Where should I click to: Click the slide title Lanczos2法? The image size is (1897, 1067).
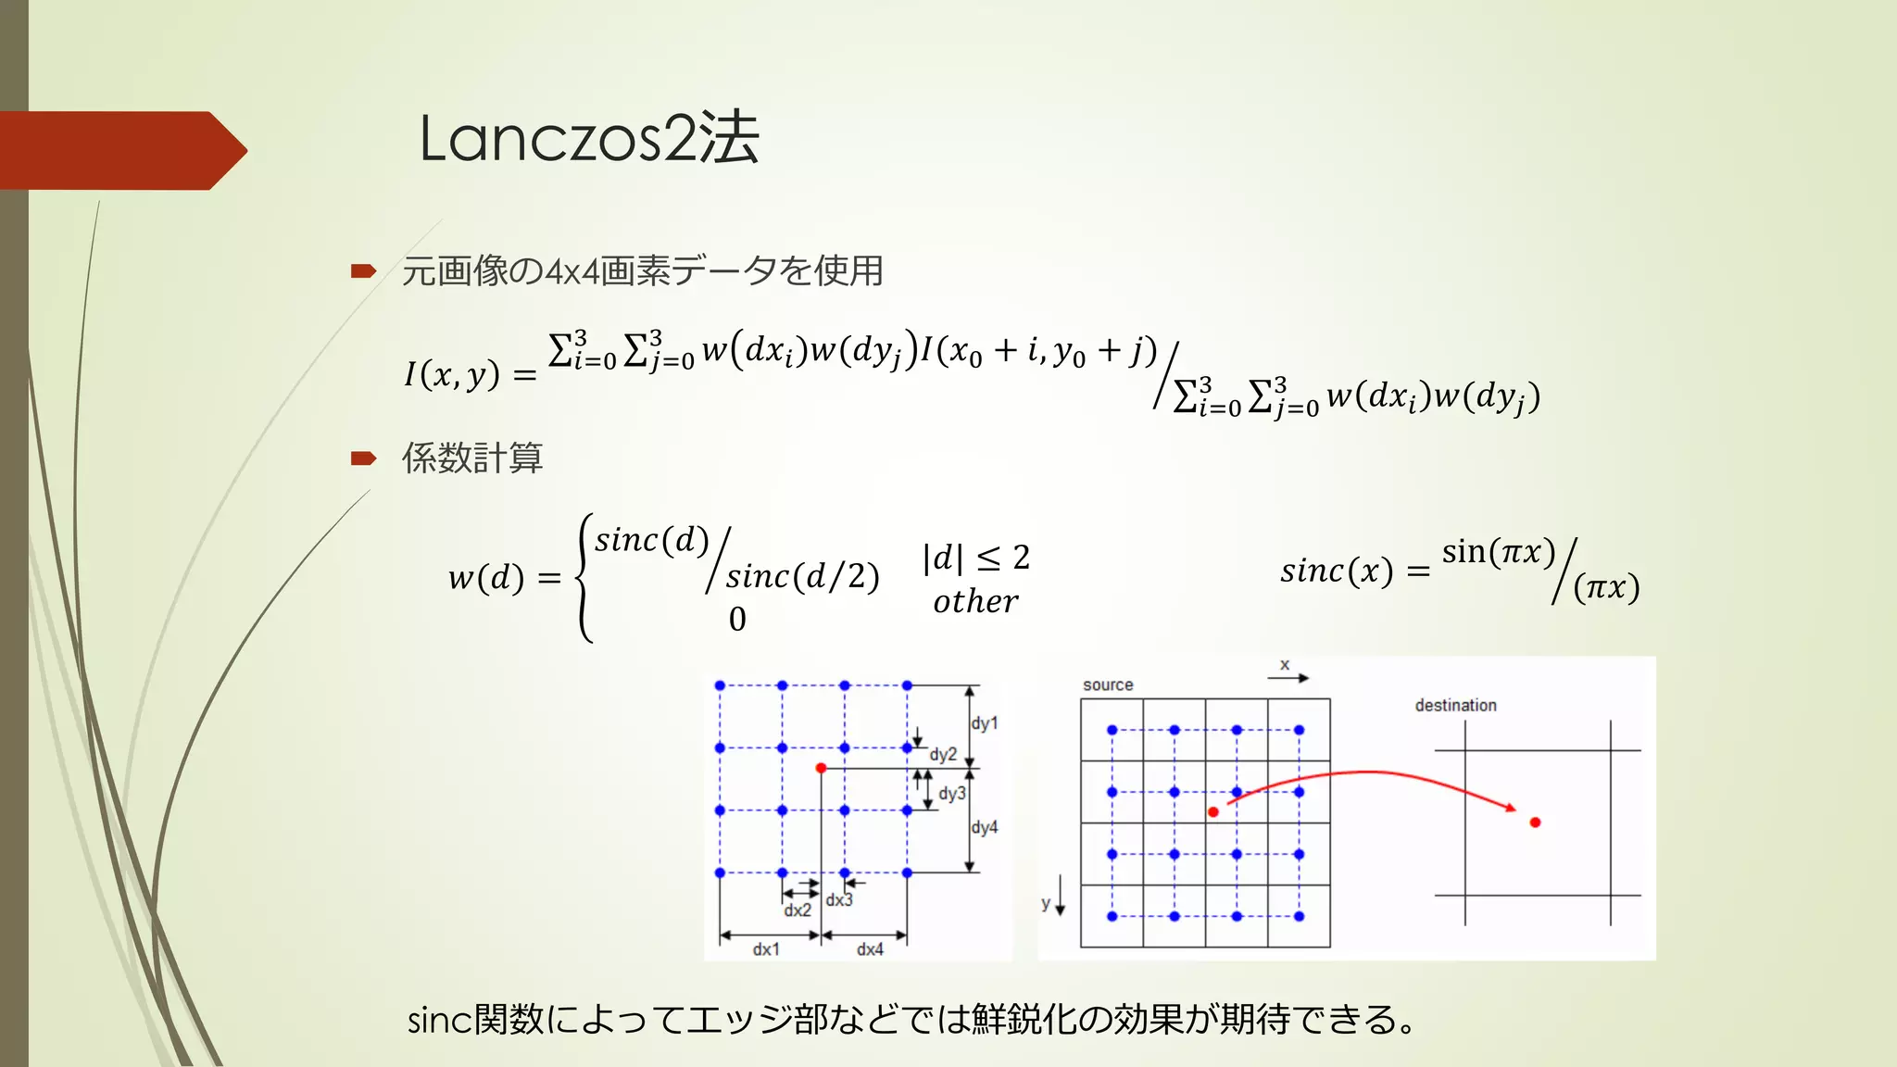coord(589,139)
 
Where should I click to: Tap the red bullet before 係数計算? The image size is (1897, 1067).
coord(363,458)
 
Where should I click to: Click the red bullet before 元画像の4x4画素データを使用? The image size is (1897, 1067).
coord(363,270)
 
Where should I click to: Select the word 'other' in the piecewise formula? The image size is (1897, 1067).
coord(975,602)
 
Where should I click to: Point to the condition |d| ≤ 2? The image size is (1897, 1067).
coord(975,558)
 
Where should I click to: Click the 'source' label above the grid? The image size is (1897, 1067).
coord(1108,684)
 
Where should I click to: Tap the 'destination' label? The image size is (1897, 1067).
coord(1455,705)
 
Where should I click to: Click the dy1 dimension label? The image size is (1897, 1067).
coord(985,723)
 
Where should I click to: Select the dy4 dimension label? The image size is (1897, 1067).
coord(985,827)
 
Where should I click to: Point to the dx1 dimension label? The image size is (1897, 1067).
coord(766,949)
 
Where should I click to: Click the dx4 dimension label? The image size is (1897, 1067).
coord(870,949)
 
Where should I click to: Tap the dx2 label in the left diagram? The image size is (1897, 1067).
coord(797,910)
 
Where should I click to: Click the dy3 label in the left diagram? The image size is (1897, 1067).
coord(952,794)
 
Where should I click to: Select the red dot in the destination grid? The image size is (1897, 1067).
coord(1535,822)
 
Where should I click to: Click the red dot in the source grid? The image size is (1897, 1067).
coord(1213,812)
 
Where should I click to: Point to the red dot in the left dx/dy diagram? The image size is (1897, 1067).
coord(821,768)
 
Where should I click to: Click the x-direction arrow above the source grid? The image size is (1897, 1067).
coord(1288,678)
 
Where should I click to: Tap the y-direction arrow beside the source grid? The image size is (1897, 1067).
coord(1061,897)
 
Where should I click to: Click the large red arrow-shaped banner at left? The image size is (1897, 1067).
coord(120,150)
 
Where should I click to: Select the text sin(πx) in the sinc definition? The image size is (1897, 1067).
coord(1498,552)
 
